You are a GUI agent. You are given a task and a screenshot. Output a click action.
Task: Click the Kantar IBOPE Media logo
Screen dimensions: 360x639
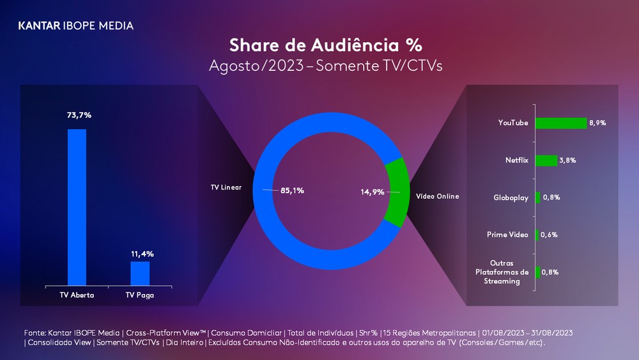(76, 26)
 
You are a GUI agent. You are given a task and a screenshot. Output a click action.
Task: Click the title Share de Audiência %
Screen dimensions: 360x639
(325, 46)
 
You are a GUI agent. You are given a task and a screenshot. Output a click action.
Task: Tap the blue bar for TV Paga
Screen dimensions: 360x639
(140, 273)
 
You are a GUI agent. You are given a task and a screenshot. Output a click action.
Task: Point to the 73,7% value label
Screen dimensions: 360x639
(79, 115)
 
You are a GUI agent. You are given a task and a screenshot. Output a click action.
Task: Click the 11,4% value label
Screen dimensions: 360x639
(142, 254)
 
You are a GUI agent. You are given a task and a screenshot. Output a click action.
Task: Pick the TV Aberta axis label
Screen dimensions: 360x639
(77, 295)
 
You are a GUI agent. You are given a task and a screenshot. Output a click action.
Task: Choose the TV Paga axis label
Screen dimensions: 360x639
(140, 295)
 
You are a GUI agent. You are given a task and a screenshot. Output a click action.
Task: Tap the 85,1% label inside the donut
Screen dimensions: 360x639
(292, 190)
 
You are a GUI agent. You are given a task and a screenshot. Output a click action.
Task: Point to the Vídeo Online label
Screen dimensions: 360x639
(437, 196)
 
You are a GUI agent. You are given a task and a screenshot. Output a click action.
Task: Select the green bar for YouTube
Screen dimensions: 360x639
(560, 123)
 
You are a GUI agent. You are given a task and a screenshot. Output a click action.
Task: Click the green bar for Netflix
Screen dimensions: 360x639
(546, 160)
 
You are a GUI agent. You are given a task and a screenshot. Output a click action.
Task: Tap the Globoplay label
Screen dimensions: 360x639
(511, 198)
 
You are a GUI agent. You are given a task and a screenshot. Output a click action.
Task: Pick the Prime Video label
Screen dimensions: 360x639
(507, 235)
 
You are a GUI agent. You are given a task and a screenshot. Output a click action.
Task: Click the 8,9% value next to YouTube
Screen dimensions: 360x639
(597, 123)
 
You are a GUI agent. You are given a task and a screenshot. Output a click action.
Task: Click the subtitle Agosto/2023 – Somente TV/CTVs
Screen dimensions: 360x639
(325, 66)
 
